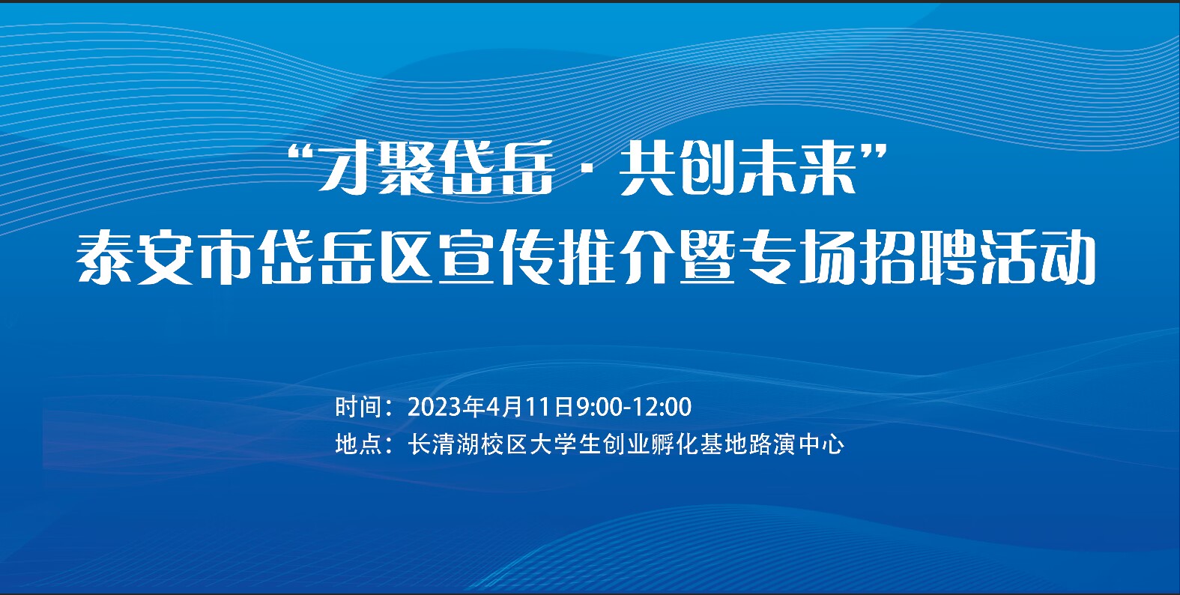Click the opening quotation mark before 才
(x=301, y=154)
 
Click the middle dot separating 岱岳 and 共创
(x=586, y=169)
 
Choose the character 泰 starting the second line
(x=104, y=259)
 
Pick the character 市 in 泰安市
(x=225, y=259)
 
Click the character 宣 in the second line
(x=466, y=259)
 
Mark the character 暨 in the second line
(x=707, y=259)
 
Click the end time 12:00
(x=662, y=407)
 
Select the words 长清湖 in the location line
(x=443, y=444)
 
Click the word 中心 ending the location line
(x=822, y=444)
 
